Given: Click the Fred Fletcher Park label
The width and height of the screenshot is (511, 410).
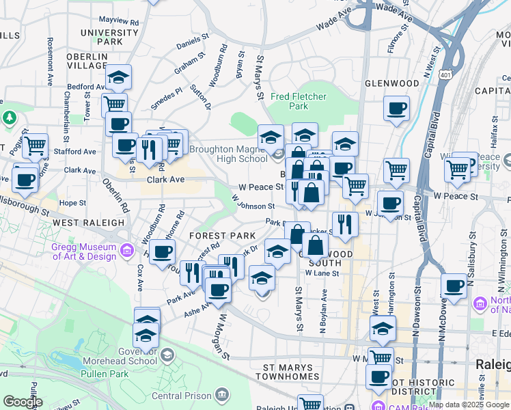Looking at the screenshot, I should tap(299, 101).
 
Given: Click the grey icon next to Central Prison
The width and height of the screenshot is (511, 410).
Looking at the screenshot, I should tap(221, 394).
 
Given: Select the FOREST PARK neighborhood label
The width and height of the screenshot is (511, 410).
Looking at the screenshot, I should tap(223, 236).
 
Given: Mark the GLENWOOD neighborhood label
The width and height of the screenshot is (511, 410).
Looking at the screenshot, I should tap(391, 83).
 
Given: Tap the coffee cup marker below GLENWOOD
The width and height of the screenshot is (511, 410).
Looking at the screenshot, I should tap(396, 109).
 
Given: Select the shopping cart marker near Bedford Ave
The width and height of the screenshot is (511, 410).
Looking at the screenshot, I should tap(114, 105).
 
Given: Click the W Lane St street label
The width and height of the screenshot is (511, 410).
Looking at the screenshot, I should tap(322, 273).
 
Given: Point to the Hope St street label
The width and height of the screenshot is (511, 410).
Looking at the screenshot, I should tap(70, 203).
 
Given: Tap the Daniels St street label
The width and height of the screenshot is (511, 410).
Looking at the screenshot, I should tap(191, 43).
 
